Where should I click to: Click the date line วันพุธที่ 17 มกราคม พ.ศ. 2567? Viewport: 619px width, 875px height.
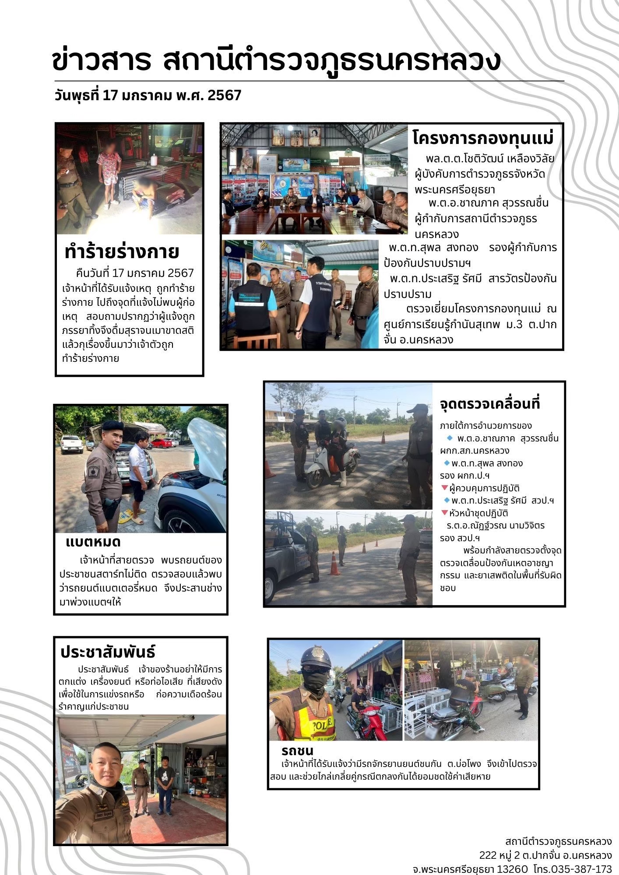[x=148, y=95]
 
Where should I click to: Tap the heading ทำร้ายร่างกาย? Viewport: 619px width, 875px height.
[x=122, y=252]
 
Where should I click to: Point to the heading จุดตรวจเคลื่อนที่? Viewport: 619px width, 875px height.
[x=490, y=403]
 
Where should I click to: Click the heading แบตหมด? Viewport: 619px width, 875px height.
[x=93, y=542]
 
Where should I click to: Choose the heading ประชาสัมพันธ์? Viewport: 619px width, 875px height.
[x=108, y=652]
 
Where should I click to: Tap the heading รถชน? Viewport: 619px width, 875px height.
[x=297, y=751]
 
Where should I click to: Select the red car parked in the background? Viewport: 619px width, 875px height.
[x=162, y=443]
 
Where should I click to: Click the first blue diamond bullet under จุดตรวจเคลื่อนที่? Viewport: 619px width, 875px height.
[x=449, y=438]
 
